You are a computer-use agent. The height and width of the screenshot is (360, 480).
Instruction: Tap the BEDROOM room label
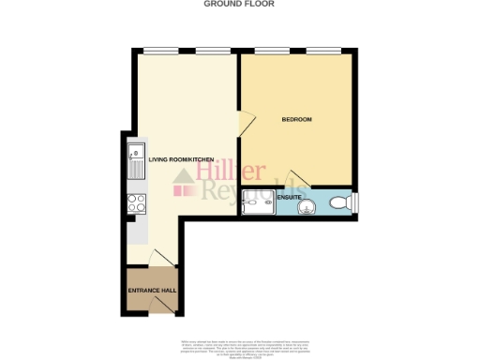point(296,120)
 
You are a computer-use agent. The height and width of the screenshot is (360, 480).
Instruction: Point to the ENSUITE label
point(289,197)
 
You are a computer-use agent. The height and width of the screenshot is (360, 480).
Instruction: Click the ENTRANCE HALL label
point(152,291)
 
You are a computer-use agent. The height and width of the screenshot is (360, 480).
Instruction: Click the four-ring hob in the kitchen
point(135,204)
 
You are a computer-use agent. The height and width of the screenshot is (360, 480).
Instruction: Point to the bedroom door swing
point(247,122)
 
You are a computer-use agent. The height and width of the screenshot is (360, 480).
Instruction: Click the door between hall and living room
point(160,259)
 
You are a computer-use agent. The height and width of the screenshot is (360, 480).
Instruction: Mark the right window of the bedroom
point(324,50)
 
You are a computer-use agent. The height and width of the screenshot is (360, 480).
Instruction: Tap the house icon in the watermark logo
point(183,187)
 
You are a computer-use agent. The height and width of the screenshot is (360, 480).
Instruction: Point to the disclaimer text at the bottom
point(240,347)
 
